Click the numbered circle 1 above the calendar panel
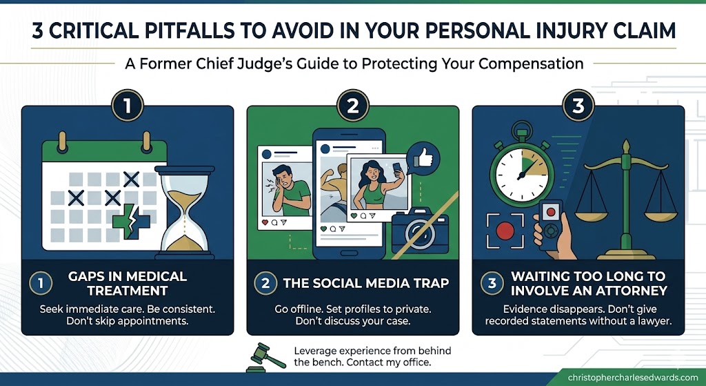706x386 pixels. coord(128,107)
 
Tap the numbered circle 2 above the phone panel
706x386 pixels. coord(352,107)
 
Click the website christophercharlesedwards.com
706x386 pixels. coord(632,378)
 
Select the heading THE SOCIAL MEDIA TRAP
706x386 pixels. coord(366,283)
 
